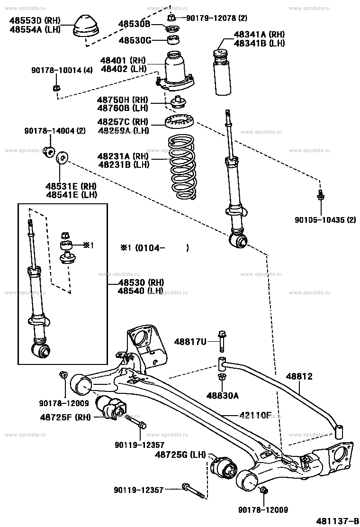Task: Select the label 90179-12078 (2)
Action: (216, 18)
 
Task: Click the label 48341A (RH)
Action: (259, 34)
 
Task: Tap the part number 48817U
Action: (190, 341)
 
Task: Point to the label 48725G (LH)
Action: (180, 455)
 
